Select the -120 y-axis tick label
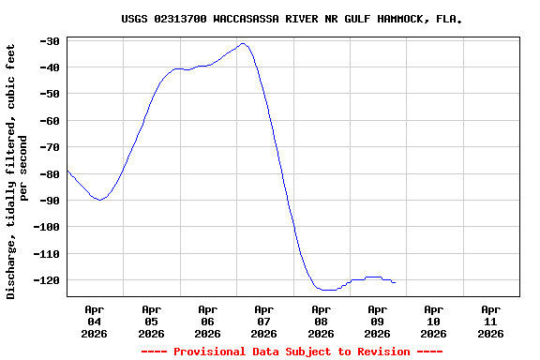pos(48,280)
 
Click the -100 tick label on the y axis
pos(48,227)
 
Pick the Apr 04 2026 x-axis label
pos(95,321)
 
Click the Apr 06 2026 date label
pos(207,321)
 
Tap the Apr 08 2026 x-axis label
pos(321,321)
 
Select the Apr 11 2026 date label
pos(490,321)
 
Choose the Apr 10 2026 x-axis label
pos(433,321)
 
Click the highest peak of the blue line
pos(243,43)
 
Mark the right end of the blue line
pos(395,282)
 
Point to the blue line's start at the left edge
pos(67,170)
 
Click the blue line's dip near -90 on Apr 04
pos(99,200)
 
